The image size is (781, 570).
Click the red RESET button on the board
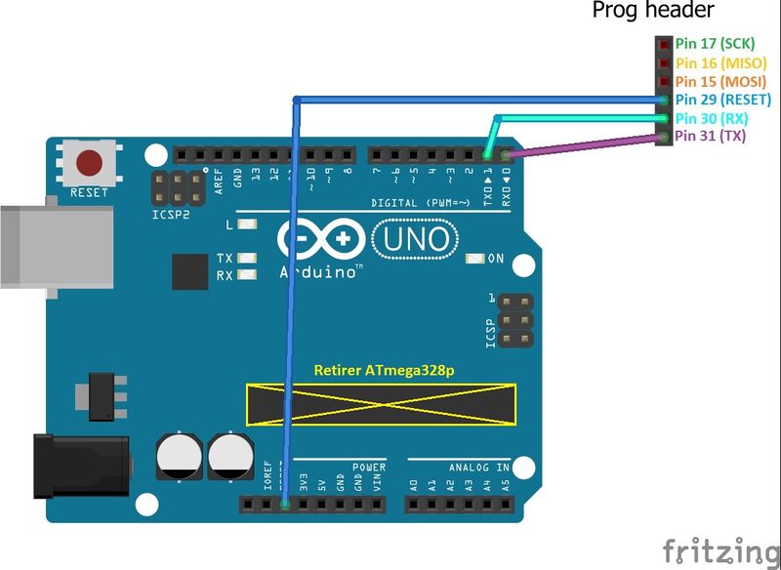(90, 162)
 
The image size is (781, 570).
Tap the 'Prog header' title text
(653, 11)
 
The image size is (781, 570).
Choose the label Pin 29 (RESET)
(722, 100)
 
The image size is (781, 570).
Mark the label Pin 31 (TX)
(710, 137)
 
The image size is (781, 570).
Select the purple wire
(586, 146)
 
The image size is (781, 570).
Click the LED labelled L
(246, 224)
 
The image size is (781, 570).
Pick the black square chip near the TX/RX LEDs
(190, 271)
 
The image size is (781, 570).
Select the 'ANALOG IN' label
(479, 468)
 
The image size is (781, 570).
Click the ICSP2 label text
(171, 213)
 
